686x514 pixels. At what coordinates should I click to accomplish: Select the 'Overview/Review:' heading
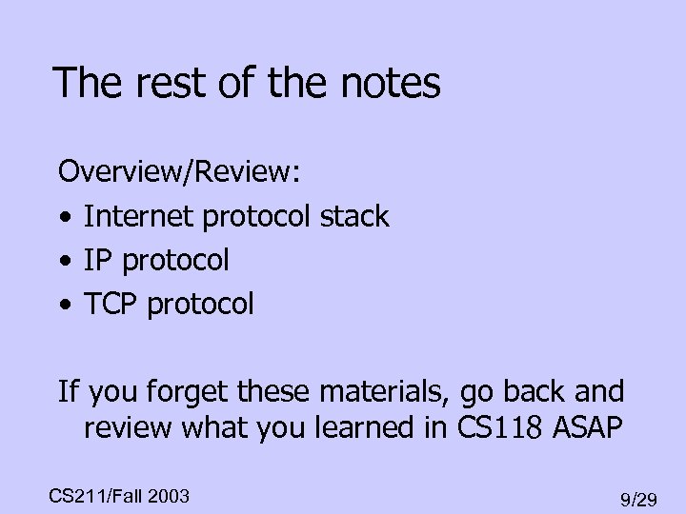point(180,174)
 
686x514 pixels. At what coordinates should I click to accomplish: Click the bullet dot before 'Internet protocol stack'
point(64,218)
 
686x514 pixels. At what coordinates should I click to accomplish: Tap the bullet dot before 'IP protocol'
point(64,261)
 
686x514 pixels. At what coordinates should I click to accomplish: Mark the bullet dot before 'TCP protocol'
point(64,305)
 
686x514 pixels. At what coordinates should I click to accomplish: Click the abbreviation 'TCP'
point(109,304)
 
